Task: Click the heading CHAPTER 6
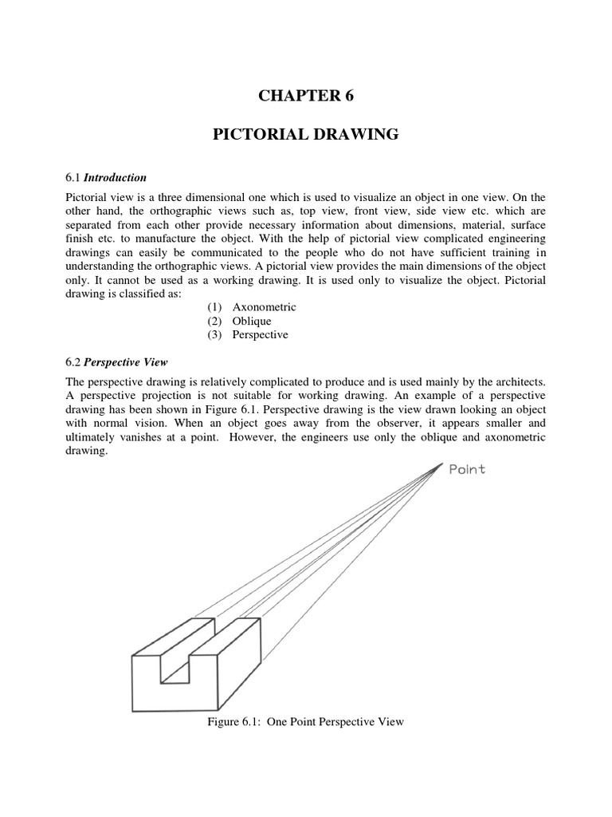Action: point(305,97)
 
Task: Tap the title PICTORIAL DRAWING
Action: point(305,135)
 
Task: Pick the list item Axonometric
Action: point(264,306)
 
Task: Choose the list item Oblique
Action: point(252,321)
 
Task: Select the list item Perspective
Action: point(260,335)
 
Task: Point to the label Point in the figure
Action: point(467,470)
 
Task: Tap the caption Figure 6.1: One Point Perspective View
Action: point(305,722)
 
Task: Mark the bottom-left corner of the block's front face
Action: point(133,711)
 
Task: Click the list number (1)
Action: point(214,306)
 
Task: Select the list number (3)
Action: point(214,335)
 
